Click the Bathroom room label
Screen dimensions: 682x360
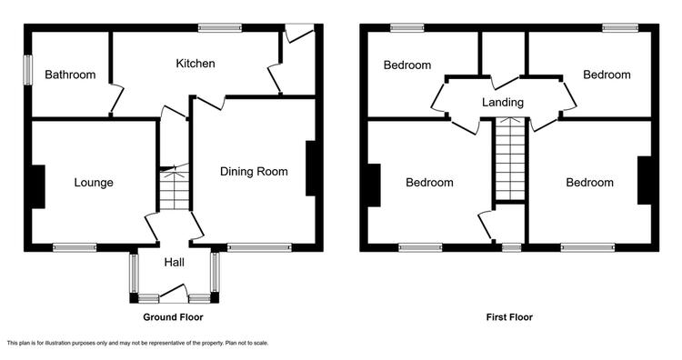pyautogui.click(x=70, y=75)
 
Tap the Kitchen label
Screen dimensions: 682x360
pyautogui.click(x=196, y=64)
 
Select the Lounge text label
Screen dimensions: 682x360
pyautogui.click(x=94, y=183)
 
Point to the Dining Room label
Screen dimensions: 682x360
pyautogui.click(x=254, y=171)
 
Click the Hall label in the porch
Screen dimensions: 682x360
pyautogui.click(x=174, y=262)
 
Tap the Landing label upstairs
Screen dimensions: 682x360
pyautogui.click(x=502, y=103)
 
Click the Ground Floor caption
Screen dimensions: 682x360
pyautogui.click(x=173, y=317)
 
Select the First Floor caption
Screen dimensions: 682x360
pyautogui.click(x=509, y=317)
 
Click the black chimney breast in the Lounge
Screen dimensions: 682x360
pyautogui.click(x=38, y=186)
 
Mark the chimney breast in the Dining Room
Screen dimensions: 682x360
pyautogui.click(x=311, y=168)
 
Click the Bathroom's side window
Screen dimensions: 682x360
pyautogui.click(x=28, y=70)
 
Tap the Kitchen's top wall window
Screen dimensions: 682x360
pyautogui.click(x=220, y=28)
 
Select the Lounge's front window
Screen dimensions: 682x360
pyautogui.click(x=75, y=247)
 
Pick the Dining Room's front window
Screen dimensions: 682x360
pyautogui.click(x=259, y=247)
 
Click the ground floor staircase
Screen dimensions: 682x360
pyautogui.click(x=175, y=190)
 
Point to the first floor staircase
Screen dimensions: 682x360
pyautogui.click(x=510, y=159)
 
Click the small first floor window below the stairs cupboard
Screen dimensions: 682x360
pyautogui.click(x=511, y=247)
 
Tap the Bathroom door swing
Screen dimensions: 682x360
pyautogui.click(x=116, y=99)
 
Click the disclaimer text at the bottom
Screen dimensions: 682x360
pyautogui.click(x=137, y=343)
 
